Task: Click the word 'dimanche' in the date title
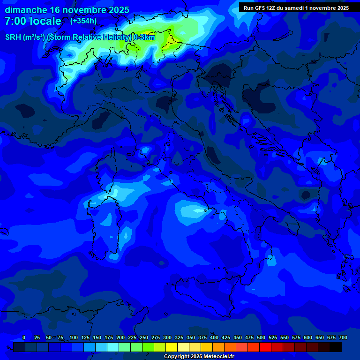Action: pyautogui.click(x=26, y=10)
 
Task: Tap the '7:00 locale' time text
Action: pyautogui.click(x=33, y=21)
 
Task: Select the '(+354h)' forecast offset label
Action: pyautogui.click(x=83, y=21)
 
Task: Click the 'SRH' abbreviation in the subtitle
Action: pyautogui.click(x=14, y=37)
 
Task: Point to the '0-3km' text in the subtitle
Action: pyautogui.click(x=144, y=37)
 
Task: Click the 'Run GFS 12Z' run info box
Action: pyautogui.click(x=296, y=7)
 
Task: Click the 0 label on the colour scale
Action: pyautogui.click(x=24, y=337)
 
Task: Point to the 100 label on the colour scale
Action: pyautogui.click(x=74, y=337)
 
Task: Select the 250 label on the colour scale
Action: pyautogui.click(x=144, y=337)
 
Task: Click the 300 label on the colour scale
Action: pyautogui.click(x=167, y=337)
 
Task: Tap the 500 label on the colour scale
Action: pyautogui.click(x=261, y=337)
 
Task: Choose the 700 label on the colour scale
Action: pyautogui.click(x=343, y=337)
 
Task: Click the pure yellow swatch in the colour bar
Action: pyautogui.click(x=172, y=347)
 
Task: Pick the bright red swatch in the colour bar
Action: pyautogui.click(x=265, y=347)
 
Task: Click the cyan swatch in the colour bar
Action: pyautogui.click(x=113, y=347)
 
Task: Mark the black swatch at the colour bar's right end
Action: pyautogui.click(x=336, y=347)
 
